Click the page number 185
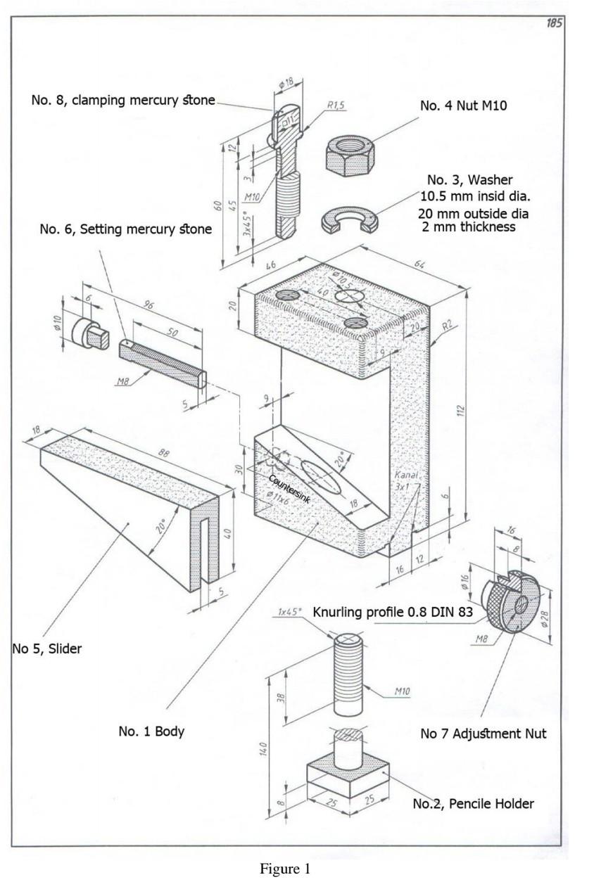[x=554, y=23]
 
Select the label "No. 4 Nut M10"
[x=464, y=106]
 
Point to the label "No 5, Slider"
[x=46, y=649]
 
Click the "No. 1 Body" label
[x=151, y=731]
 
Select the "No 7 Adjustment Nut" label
[x=483, y=734]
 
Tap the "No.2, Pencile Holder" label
[x=473, y=804]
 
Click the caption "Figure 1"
[x=285, y=869]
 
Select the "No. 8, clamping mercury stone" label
[x=123, y=101]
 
